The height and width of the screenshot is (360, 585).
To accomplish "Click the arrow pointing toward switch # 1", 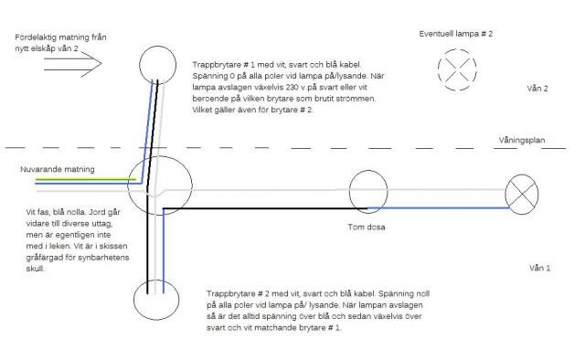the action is point(73,64).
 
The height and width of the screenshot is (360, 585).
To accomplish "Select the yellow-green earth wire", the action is point(86,179).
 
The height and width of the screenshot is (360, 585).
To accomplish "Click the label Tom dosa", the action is point(367,227).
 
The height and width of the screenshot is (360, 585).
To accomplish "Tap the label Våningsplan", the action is point(522,141).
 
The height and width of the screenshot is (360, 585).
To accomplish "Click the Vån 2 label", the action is point(537,89).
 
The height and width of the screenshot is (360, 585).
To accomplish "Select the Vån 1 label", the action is point(539,268).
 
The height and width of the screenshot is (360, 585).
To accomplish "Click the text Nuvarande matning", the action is point(58,169).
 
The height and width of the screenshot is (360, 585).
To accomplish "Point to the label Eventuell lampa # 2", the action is point(455,34).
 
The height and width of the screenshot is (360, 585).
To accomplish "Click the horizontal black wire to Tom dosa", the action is point(265,208).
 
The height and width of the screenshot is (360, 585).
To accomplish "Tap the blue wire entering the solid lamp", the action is point(439,207).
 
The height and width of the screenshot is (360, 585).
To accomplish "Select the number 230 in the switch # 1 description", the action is point(292,88).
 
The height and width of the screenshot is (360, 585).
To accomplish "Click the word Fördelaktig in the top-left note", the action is point(35,37).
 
